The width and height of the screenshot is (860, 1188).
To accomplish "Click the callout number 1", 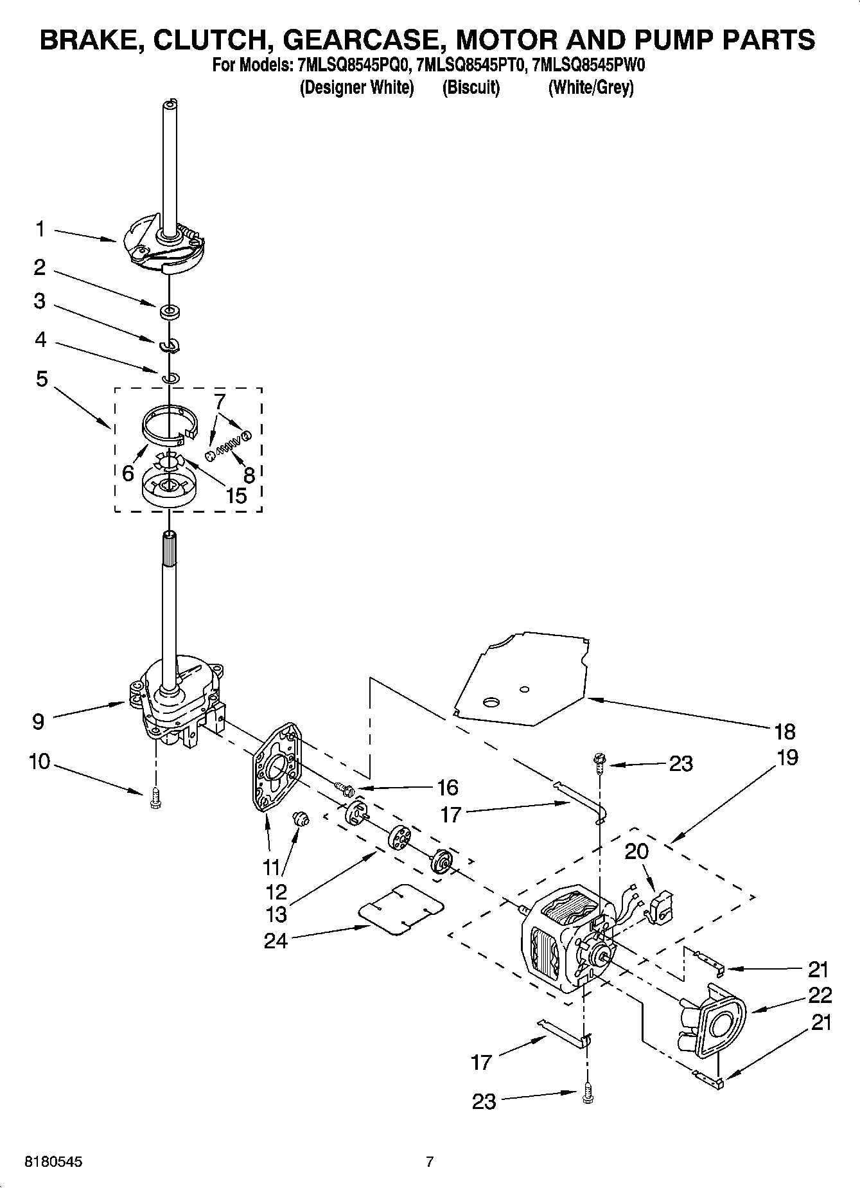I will tap(40, 229).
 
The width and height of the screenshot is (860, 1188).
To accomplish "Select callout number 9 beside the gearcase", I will tap(39, 721).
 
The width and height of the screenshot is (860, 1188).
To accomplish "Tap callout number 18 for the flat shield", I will tap(785, 731).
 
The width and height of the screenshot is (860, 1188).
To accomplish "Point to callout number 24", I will tap(276, 941).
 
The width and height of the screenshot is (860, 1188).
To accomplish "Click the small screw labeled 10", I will tap(154, 799).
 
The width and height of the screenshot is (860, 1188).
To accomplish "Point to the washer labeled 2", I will tap(170, 312).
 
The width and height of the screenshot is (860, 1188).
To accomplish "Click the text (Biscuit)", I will tap(471, 87).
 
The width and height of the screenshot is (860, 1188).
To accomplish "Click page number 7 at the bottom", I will tap(430, 1162).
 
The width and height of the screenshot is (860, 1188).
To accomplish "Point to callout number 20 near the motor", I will tap(636, 851).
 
